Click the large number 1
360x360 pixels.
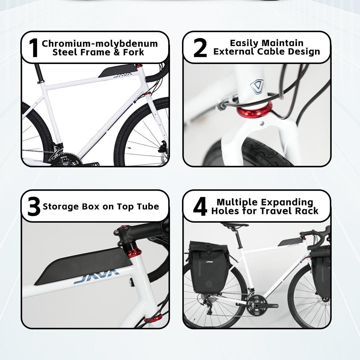point(34,48)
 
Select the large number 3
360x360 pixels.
point(34,206)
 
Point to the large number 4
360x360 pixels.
point(200,206)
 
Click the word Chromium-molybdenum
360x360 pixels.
point(100,44)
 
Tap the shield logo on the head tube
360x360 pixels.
point(257,87)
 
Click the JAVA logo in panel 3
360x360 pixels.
point(97,276)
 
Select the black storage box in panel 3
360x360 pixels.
point(83,266)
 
